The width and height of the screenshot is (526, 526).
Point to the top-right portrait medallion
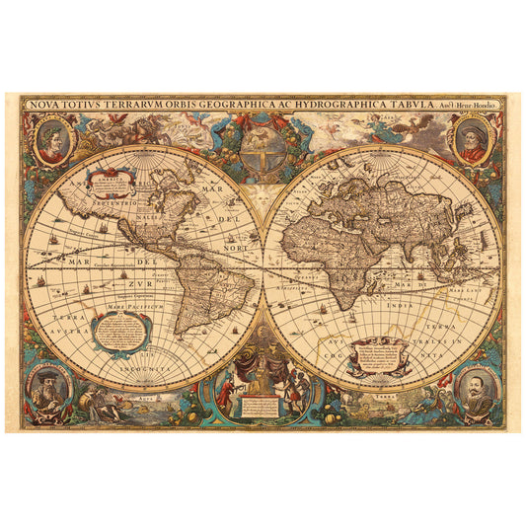tap(472, 138)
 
